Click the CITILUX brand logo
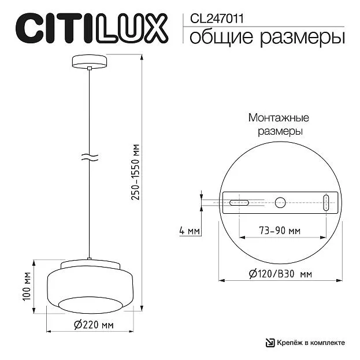[x=92, y=28]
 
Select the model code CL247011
[x=217, y=18]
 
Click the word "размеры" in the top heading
[x=302, y=38]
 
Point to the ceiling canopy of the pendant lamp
[x=90, y=61]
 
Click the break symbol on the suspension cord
[x=90, y=157]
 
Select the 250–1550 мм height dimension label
[x=135, y=172]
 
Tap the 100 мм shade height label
[x=27, y=286]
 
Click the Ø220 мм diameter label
[x=94, y=325]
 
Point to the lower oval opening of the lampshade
[x=90, y=305]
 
